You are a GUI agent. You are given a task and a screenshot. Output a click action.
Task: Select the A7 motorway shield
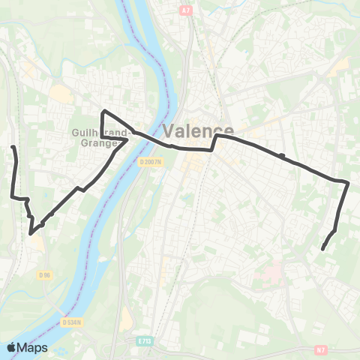click(x=187, y=11)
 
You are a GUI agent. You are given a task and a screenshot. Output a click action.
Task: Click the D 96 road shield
click(x=44, y=275)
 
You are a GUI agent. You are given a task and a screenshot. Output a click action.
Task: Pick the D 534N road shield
click(x=73, y=322)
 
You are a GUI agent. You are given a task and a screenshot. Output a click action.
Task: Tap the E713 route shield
click(x=145, y=340)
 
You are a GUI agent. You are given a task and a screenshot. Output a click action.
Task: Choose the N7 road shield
click(x=320, y=349)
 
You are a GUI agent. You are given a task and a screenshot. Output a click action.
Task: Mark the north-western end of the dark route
click(x=13, y=147)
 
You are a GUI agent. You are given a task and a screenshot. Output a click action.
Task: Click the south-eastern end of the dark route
click(x=322, y=249)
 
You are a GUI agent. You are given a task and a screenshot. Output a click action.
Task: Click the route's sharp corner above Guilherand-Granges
click(x=103, y=112)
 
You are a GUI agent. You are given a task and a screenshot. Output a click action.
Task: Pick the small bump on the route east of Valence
click(x=281, y=155)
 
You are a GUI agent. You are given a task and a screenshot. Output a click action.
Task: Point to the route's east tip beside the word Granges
click(x=128, y=139)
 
